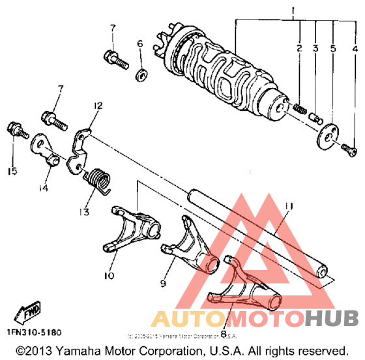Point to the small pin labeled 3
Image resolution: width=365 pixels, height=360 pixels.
[315, 117]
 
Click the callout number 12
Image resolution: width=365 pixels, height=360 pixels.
[98, 106]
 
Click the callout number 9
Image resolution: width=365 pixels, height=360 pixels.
[161, 284]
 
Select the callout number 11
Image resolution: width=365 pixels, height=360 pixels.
[289, 207]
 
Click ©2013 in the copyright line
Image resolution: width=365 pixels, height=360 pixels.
[34, 350]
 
